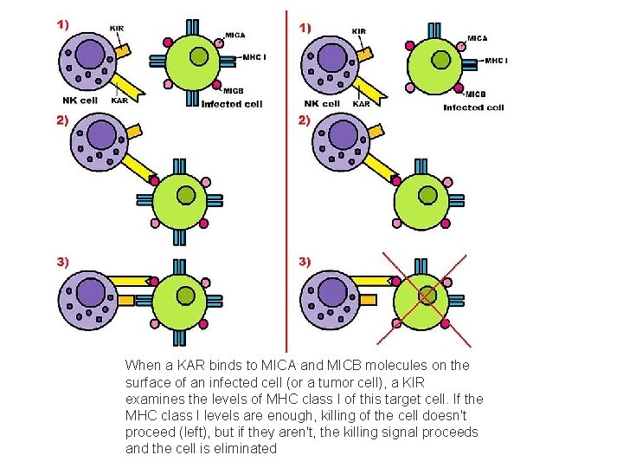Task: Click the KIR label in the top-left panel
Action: click(x=117, y=29)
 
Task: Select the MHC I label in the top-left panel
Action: click(x=254, y=57)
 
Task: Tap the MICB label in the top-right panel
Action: click(x=475, y=93)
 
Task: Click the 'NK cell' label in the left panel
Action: click(x=80, y=101)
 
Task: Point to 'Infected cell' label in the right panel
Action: click(x=473, y=107)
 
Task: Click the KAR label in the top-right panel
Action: click(x=361, y=104)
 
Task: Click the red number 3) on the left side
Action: click(x=63, y=261)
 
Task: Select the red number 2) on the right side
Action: click(x=304, y=120)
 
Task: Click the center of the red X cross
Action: click(x=427, y=296)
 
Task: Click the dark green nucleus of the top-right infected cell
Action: click(x=440, y=60)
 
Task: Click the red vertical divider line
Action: click(x=286, y=173)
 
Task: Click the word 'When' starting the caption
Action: click(x=144, y=366)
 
